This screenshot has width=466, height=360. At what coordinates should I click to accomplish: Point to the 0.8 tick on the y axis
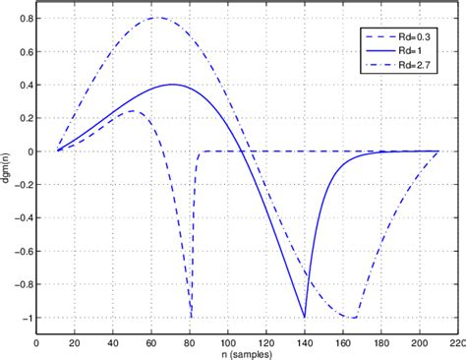23,19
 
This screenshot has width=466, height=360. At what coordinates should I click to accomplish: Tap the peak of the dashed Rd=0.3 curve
133,111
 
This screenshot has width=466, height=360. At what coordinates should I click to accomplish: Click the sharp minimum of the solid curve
305,317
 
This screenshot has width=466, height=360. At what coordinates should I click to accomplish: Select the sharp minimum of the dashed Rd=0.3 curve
192,317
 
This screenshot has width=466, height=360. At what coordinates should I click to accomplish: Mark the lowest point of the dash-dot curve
351,317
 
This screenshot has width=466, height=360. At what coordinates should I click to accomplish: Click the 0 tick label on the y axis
27,151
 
